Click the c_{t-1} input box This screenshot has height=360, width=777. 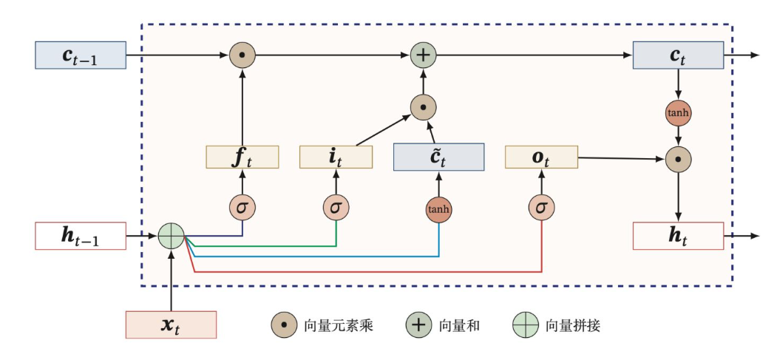coord(81,55)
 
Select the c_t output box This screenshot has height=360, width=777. coord(678,55)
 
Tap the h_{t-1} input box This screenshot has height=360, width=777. coord(81,237)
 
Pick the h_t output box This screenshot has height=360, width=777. coord(678,236)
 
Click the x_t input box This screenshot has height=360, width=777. coord(171,325)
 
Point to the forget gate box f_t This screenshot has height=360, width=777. coord(242,157)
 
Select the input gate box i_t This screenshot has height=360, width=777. coord(336,157)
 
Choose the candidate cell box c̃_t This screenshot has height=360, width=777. coord(438,157)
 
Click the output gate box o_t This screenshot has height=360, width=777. coord(541,157)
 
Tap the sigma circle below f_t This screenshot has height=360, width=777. coord(242,208)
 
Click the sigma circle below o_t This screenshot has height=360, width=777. coord(541,208)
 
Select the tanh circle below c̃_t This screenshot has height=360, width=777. coord(438,209)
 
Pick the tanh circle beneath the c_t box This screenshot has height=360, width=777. coord(678,113)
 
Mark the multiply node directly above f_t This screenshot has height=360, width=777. coord(242,55)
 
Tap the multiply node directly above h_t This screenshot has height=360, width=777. coord(678,158)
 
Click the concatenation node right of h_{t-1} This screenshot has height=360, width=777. coord(171,237)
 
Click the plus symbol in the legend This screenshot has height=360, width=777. coord(418,325)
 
